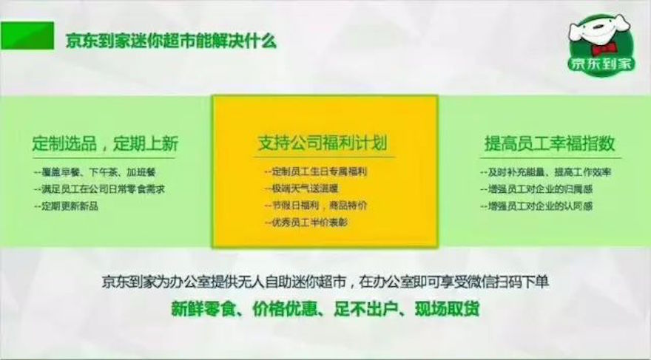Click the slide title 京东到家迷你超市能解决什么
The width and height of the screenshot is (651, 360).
click(x=171, y=40)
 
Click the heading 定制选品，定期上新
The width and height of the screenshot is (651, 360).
click(x=106, y=143)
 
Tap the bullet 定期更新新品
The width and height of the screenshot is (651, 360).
click(x=67, y=206)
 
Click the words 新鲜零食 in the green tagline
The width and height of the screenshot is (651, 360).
click(x=207, y=308)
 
